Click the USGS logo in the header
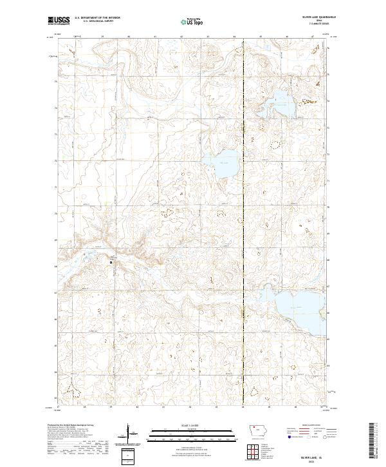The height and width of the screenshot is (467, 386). pos(58,21)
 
